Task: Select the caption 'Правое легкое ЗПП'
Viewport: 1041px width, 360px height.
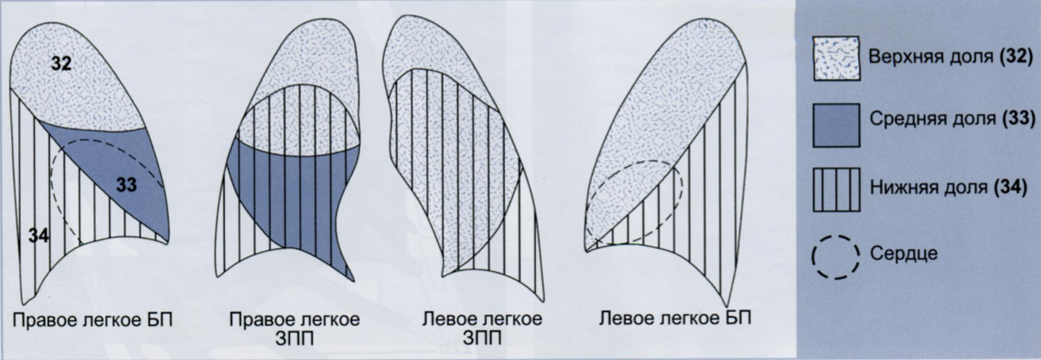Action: tap(295, 325)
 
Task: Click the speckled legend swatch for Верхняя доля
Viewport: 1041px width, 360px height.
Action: tap(835, 58)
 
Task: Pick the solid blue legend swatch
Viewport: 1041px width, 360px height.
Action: tap(835, 126)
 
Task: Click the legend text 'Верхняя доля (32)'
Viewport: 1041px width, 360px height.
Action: tap(950, 59)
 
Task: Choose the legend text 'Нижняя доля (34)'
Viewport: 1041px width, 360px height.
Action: tap(948, 189)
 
